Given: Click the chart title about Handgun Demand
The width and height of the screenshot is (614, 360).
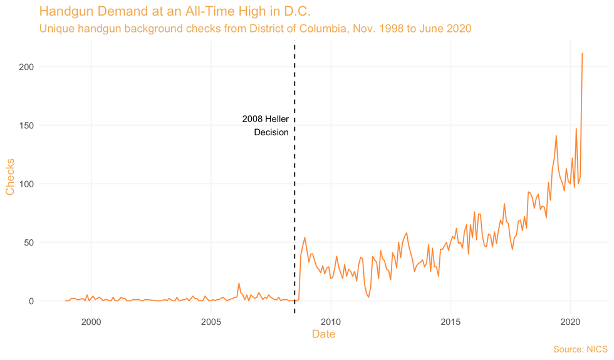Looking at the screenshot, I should click(175, 11).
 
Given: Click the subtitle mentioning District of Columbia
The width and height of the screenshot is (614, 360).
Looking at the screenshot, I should click(255, 29).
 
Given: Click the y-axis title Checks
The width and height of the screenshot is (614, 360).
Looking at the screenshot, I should click(10, 176).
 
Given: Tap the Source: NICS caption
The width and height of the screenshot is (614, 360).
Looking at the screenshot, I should click(580, 349).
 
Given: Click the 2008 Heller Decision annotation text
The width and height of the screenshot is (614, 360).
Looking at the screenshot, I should click(266, 125).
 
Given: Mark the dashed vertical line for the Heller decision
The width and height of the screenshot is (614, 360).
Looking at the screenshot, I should click(294, 188).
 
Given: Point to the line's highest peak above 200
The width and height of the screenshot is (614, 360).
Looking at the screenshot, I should click(583, 53).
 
